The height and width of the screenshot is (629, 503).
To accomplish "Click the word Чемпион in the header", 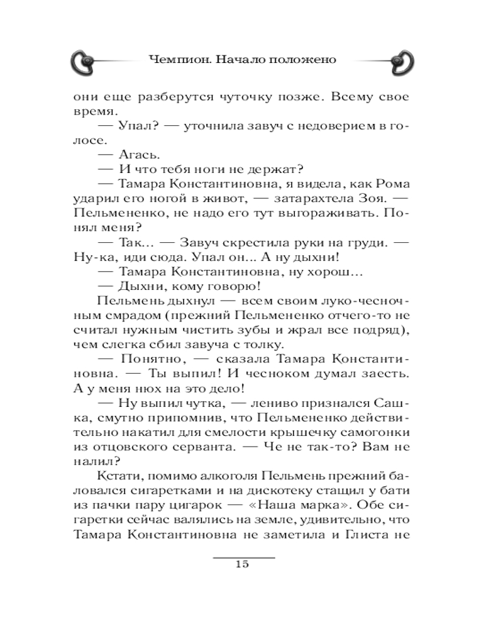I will (x=177, y=60).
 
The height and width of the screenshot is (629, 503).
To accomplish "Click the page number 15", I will (x=243, y=564).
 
